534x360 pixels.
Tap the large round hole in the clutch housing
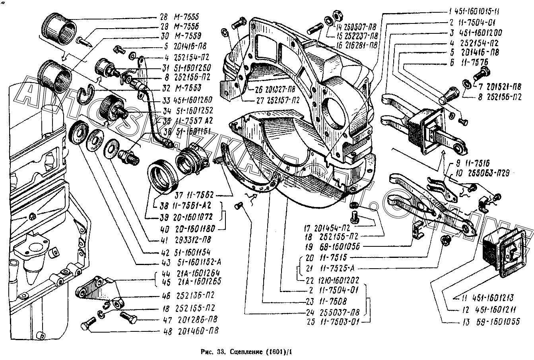(x=333, y=108)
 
